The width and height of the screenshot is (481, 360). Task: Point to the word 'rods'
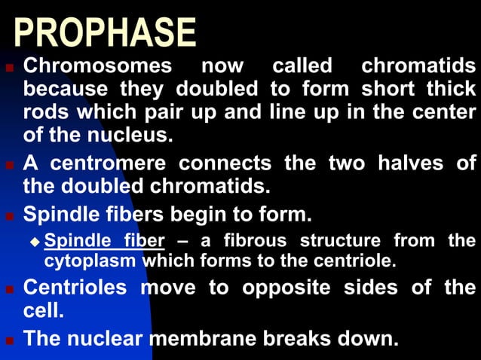(46, 112)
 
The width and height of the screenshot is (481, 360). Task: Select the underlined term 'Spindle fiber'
(104, 241)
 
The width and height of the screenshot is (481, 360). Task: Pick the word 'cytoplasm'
(91, 262)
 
